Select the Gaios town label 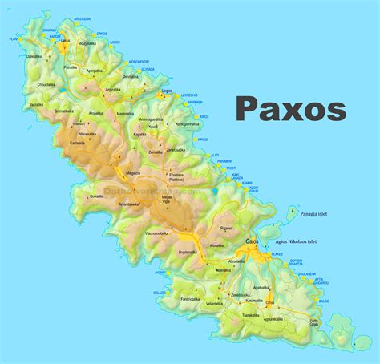click(x=252, y=241)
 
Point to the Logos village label click(x=167, y=91)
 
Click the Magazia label click(x=132, y=173)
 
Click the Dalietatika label click(x=34, y=57)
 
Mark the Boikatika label click(x=97, y=196)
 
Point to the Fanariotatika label click(x=190, y=299)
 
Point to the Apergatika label click(x=95, y=71)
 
